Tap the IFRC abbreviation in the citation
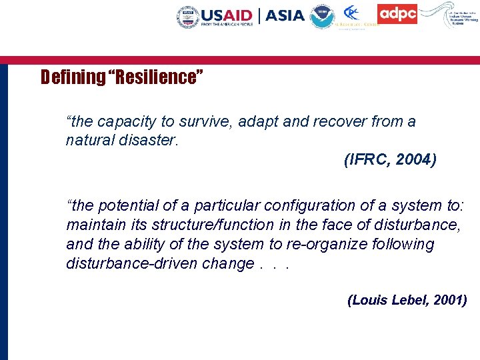tap(369, 161)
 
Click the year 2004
tap(418, 161)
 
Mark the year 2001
tap(450, 301)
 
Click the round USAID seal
tap(188, 17)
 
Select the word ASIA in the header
tap(285, 15)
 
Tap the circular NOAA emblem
tap(323, 17)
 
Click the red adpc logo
tap(397, 14)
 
